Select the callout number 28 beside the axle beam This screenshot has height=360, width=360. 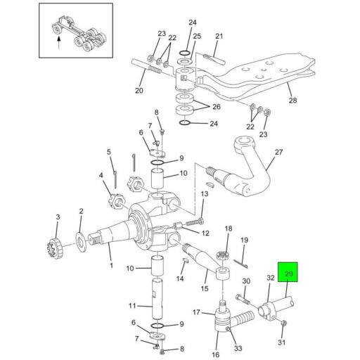pyautogui.click(x=292, y=101)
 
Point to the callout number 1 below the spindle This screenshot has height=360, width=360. pyautogui.click(x=110, y=265)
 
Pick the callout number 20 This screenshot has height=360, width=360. pyautogui.click(x=139, y=91)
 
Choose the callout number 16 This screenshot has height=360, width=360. pyautogui.click(x=215, y=346)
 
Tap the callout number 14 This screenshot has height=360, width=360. pyautogui.click(x=181, y=279)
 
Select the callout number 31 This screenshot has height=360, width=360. pyautogui.click(x=283, y=342)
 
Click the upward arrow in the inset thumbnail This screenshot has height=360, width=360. pyautogui.click(x=58, y=41)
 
